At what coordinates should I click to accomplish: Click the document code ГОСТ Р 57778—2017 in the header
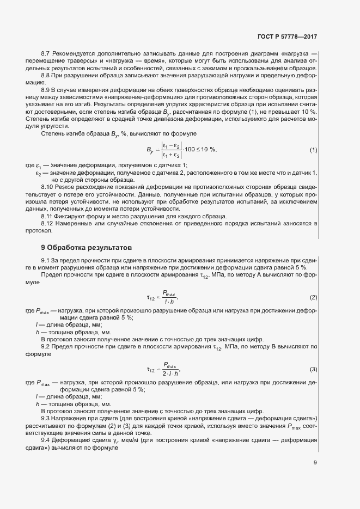point(286,37)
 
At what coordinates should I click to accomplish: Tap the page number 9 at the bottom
point(315,463)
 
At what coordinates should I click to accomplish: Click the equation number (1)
point(313,150)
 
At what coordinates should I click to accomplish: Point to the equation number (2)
point(313,297)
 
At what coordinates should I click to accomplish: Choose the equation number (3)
point(313,370)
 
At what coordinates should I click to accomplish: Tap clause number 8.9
point(45,90)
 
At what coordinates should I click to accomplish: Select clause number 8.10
point(47,187)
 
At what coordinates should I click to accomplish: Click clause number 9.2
point(45,347)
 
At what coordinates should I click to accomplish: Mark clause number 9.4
point(45,440)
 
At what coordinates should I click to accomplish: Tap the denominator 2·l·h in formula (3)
point(170,374)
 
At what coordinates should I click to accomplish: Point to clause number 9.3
point(45,418)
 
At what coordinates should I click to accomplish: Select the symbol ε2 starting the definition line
point(39,173)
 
